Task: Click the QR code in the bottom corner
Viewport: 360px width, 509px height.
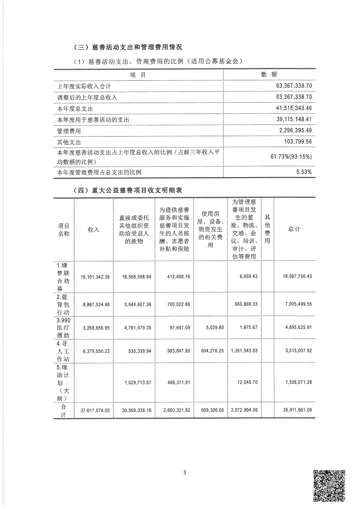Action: pyautogui.click(x=329, y=486)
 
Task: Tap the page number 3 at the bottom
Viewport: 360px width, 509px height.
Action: pyautogui.click(x=185, y=472)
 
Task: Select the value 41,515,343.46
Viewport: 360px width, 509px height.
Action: pyautogui.click(x=294, y=108)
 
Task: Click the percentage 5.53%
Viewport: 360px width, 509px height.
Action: pyautogui.click(x=304, y=172)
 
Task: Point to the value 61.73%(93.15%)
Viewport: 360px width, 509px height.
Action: pyautogui.click(x=291, y=156)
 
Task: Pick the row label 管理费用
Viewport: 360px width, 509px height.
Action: pyautogui.click(x=69, y=131)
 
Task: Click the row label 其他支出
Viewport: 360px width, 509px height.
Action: pyautogui.click(x=69, y=142)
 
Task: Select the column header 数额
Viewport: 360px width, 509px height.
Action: pyautogui.click(x=269, y=75)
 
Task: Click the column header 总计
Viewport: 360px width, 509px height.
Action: pyautogui.click(x=294, y=229)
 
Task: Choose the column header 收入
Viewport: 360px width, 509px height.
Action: pyautogui.click(x=94, y=230)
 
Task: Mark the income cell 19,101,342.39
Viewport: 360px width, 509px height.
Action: pyautogui.click(x=95, y=277)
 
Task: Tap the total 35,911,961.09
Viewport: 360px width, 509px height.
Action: pyautogui.click(x=297, y=410)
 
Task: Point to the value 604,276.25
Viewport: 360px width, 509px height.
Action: pyautogui.click(x=213, y=351)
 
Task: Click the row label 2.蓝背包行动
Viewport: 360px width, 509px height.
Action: pyautogui.click(x=63, y=305)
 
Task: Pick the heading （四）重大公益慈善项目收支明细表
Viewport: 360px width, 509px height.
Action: pyautogui.click(x=128, y=190)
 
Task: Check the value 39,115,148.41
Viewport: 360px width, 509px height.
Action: pyautogui.click(x=294, y=119)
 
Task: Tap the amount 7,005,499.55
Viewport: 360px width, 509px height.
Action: pyautogui.click(x=298, y=304)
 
